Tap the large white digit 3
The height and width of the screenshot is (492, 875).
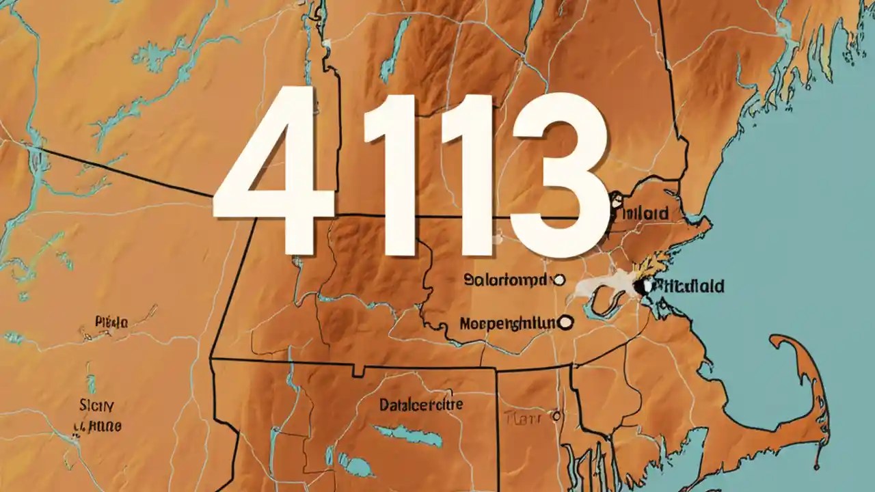point(557,174)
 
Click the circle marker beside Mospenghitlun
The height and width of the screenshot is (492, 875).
point(566,320)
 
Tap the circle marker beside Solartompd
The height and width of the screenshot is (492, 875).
point(559,279)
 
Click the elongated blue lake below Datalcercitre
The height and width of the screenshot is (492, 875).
point(407,435)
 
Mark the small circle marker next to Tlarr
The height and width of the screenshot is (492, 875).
point(556,415)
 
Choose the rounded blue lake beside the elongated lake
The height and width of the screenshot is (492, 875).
point(355,466)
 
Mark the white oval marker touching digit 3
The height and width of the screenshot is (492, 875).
point(615,201)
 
